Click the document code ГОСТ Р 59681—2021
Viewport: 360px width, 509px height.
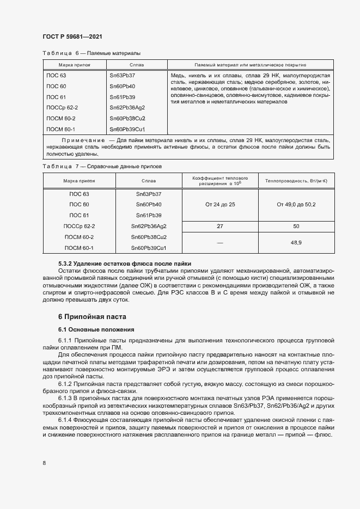(x=72, y=36)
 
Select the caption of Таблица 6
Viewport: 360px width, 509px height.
(x=91, y=53)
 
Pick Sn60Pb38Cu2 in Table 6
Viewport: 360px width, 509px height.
(x=127, y=118)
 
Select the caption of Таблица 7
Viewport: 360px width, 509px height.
(x=102, y=165)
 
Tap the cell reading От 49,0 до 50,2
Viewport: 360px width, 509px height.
(x=296, y=204)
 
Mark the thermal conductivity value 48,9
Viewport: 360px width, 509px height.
(x=296, y=242)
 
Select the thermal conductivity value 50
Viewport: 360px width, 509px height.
(x=296, y=226)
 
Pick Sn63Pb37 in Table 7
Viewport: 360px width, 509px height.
(x=149, y=194)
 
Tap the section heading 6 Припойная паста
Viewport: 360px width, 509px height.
(x=92, y=316)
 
